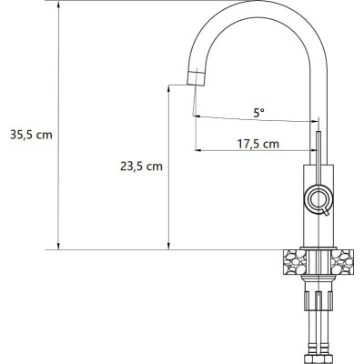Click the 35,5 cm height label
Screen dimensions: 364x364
(x=31, y=135)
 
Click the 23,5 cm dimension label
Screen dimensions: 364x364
(x=141, y=167)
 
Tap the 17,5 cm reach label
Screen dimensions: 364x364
(x=258, y=144)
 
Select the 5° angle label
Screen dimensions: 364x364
(x=258, y=114)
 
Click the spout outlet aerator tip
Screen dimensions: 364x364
(x=197, y=78)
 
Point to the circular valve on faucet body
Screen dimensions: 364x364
(x=318, y=198)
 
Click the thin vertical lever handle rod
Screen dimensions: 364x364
(x=318, y=157)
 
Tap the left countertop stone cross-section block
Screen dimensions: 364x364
(x=295, y=262)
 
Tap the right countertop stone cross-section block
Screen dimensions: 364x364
(x=342, y=262)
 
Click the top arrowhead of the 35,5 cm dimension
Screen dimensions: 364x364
(x=58, y=4)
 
